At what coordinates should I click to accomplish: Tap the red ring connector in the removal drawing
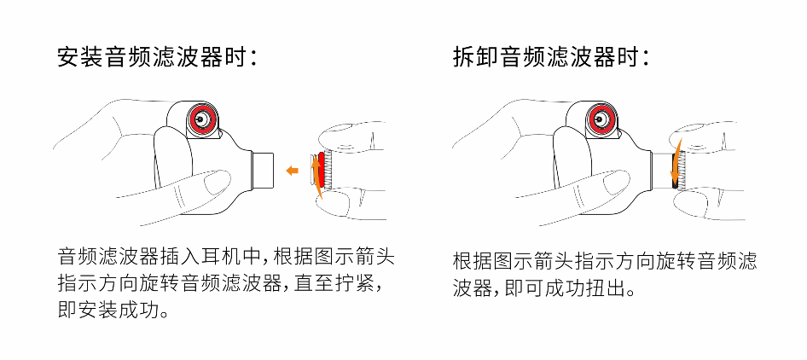[600, 119]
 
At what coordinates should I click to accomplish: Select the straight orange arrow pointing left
[292, 170]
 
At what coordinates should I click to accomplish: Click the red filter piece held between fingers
[322, 169]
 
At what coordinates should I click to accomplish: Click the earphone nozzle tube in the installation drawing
[264, 170]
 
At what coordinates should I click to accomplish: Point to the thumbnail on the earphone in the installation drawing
[217, 182]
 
